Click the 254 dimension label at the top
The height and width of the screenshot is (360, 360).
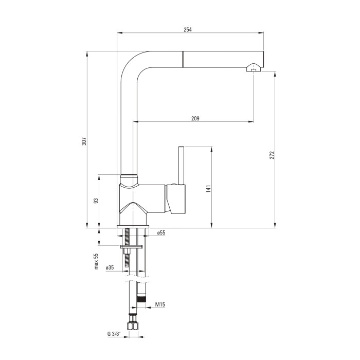[188, 30]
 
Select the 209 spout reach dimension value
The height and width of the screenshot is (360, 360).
[195, 118]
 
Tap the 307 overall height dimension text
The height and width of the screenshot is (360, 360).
[84, 141]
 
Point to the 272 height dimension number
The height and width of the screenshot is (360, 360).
[272, 155]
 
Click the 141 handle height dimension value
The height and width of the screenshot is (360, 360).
[208, 189]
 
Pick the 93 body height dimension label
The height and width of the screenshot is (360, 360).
[96, 201]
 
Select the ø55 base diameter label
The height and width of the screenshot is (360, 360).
[161, 233]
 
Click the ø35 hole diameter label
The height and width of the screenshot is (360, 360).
[110, 267]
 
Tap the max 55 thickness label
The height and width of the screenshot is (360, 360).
[96, 261]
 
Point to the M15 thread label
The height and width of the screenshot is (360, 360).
[160, 304]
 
